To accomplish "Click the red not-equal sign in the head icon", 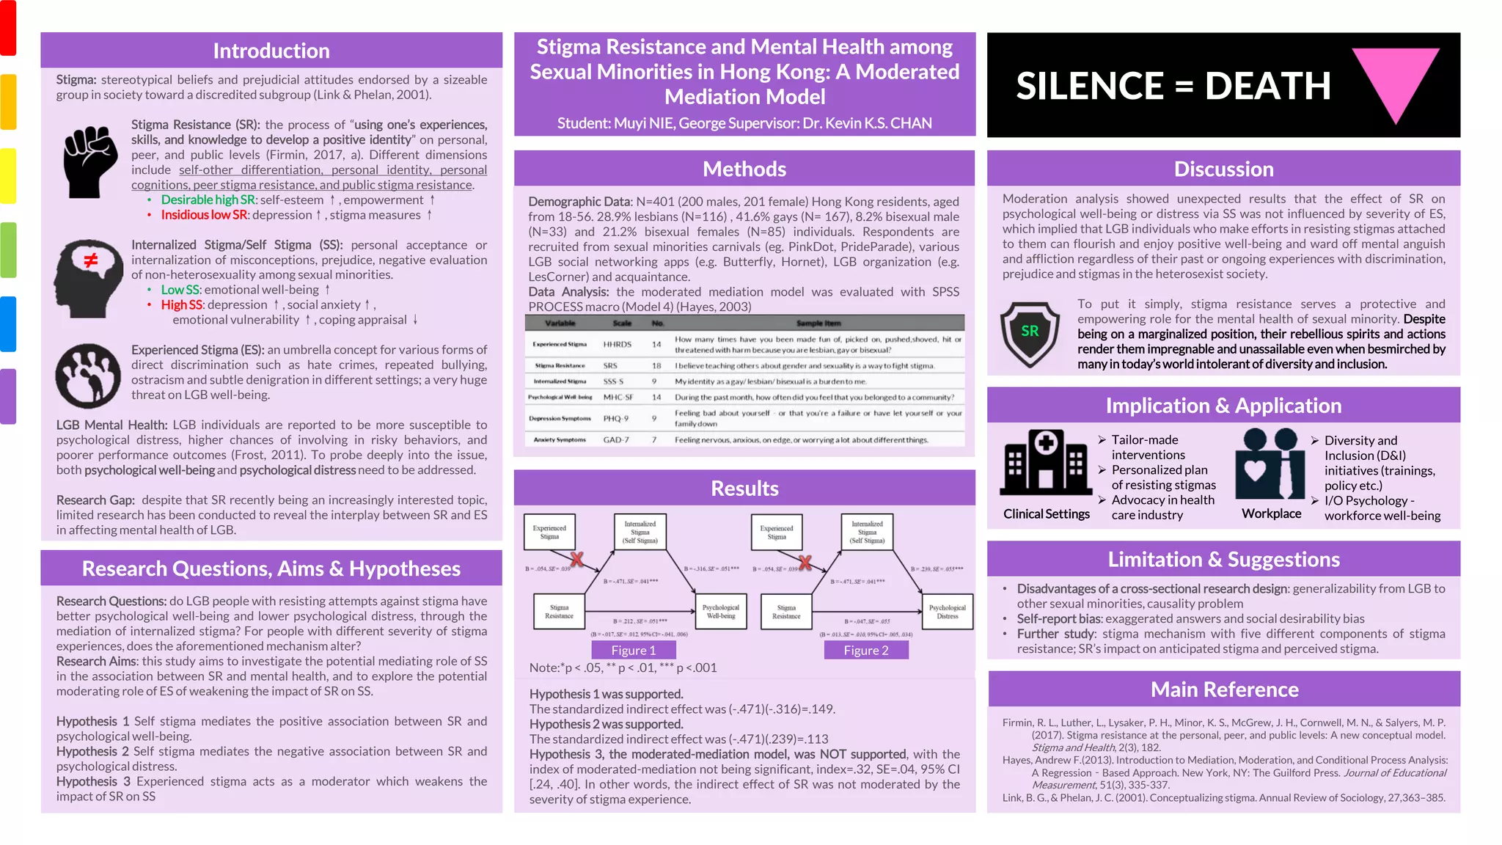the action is [91, 260].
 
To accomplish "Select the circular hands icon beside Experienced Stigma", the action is [88, 376].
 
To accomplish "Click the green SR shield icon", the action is [1030, 334].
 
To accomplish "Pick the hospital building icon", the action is [1046, 462].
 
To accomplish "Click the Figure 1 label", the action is [634, 651].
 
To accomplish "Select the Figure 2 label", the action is [865, 651].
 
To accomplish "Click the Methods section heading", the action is [744, 169].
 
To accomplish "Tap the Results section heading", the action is [744, 489].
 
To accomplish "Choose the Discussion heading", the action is [1223, 169].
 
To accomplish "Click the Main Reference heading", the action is [1224, 689].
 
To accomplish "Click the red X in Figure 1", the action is [577, 560].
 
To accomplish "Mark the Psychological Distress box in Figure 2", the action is [947, 612].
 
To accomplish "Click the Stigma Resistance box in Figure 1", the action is [559, 612].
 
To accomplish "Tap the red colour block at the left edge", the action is [8, 28].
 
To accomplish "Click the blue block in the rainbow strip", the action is [8, 323].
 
